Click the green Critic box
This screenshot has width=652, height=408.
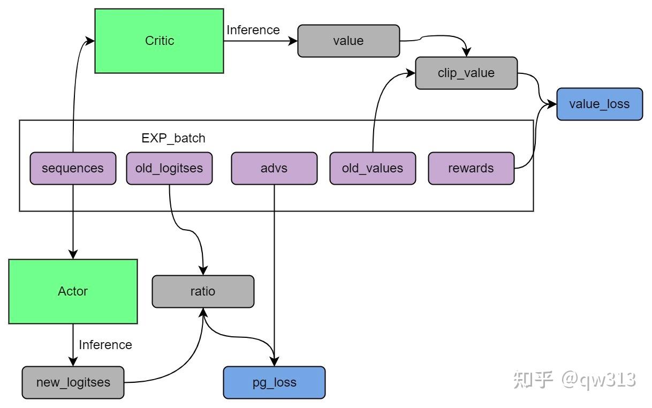tap(159, 41)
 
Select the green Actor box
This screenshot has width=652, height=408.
tap(73, 291)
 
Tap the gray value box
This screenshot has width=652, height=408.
tap(348, 41)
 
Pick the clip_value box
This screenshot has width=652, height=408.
tap(466, 73)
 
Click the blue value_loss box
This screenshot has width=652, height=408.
tap(600, 104)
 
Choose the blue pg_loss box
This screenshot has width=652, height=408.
tap(274, 382)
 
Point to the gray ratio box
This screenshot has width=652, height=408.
tap(203, 291)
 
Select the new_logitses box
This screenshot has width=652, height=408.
tap(73, 382)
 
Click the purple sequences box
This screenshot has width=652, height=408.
tap(73, 168)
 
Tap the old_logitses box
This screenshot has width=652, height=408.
tap(169, 168)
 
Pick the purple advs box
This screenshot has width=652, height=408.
tap(274, 168)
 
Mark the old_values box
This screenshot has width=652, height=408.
tap(373, 168)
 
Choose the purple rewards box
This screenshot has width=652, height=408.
tap(471, 168)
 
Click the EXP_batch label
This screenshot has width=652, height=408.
tap(173, 138)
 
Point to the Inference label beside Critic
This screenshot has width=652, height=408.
tap(253, 30)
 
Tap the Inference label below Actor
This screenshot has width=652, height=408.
tap(105, 345)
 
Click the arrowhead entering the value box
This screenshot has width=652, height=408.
tap(293, 41)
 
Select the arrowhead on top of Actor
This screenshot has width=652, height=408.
tap(73, 254)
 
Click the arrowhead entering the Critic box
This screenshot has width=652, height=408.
tap(89, 41)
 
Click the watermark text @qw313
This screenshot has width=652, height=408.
tap(598, 380)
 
